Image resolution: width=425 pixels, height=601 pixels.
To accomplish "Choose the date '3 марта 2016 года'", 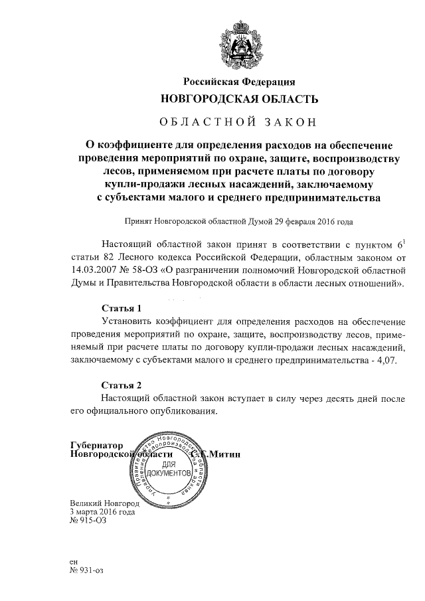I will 102,512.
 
